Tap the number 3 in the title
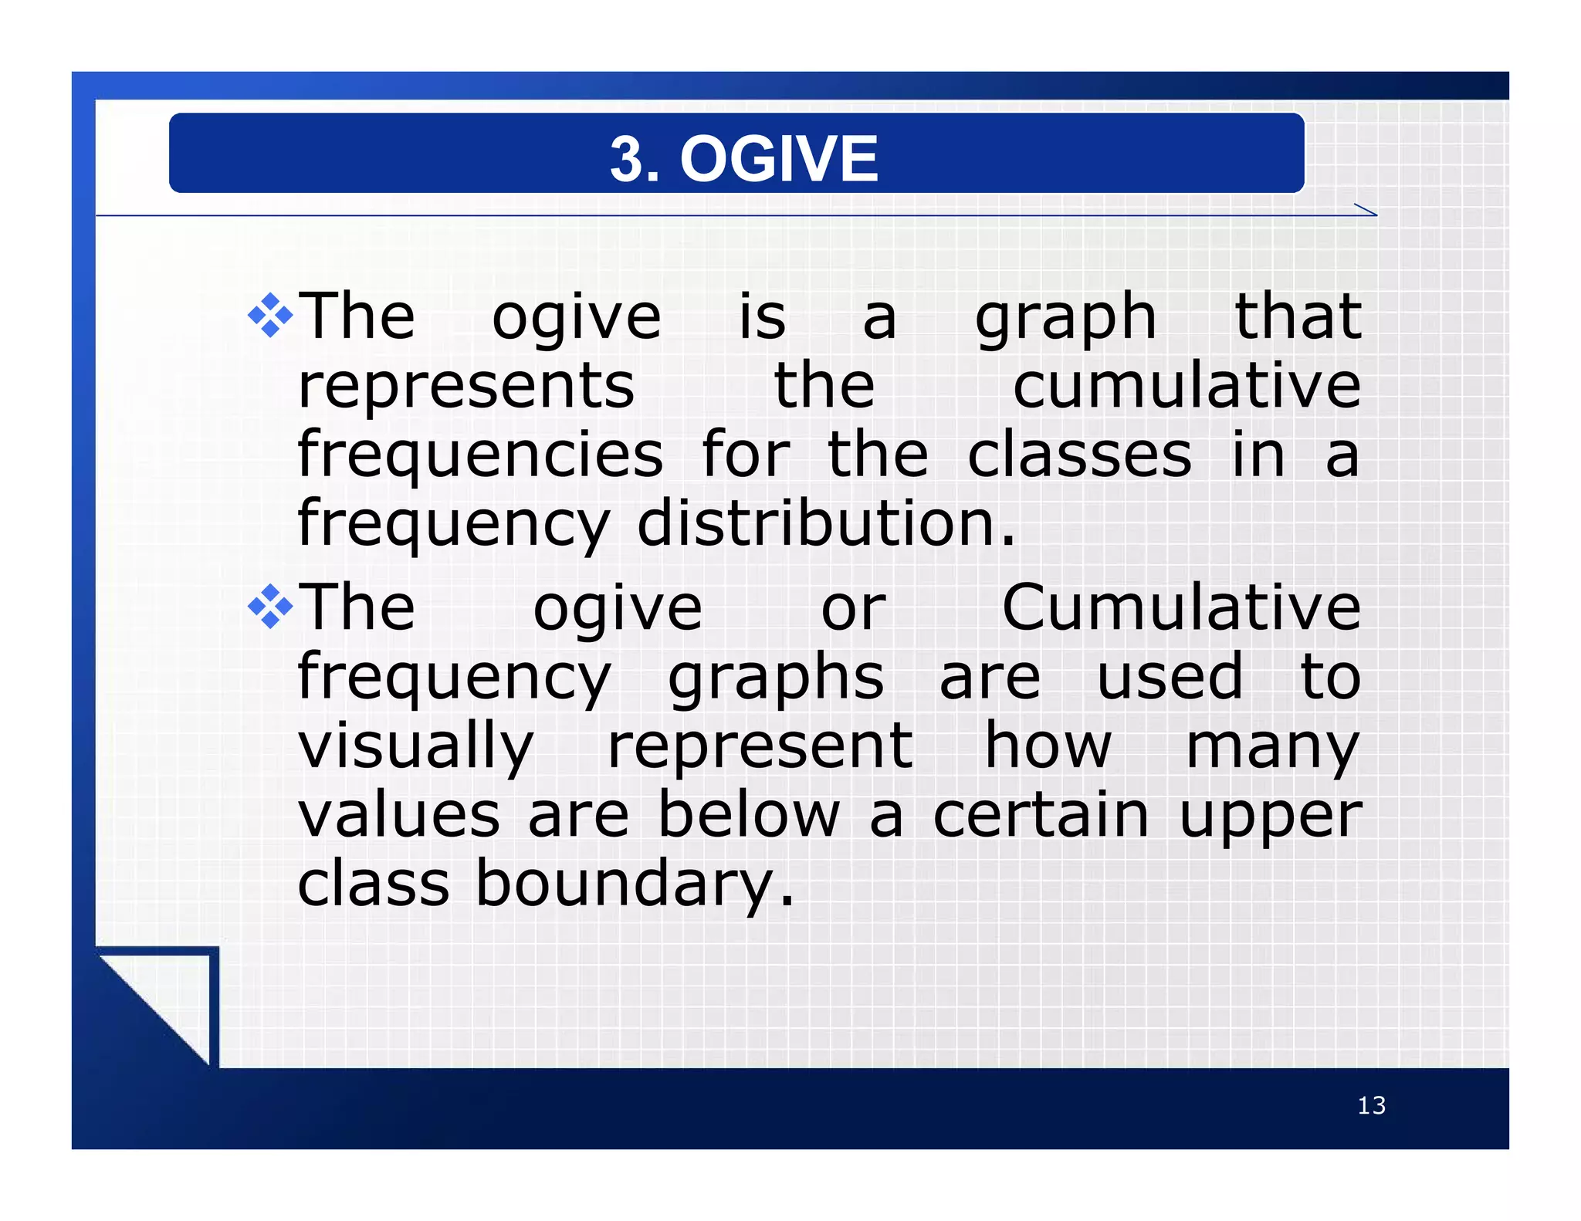tap(626, 158)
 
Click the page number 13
tap(1371, 1105)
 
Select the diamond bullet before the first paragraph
tap(270, 315)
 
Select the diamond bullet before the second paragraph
tap(270, 607)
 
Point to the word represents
tap(465, 385)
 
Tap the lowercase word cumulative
tap(1187, 385)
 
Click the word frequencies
tap(480, 455)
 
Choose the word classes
tap(1079, 455)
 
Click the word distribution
tap(826, 523)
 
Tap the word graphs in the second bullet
tap(775, 678)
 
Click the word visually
tap(415, 746)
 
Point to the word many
tap(1272, 746)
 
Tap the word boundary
tap(633, 884)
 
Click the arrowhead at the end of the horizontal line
tap(1366, 211)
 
